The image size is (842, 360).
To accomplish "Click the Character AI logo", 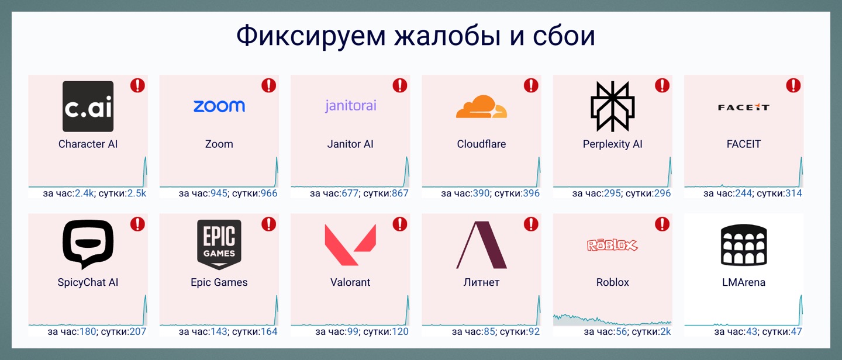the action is pyautogui.click(x=88, y=106).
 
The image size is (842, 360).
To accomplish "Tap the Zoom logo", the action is pyautogui.click(x=219, y=106).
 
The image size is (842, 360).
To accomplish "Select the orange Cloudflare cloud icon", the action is pyautogui.click(x=482, y=107).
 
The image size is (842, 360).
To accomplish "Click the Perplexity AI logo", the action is pyautogui.click(x=613, y=106).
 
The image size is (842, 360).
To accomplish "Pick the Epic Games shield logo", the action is pyautogui.click(x=219, y=245).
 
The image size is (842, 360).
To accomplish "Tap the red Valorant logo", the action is pyautogui.click(x=350, y=245).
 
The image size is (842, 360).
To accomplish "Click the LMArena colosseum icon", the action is pyautogui.click(x=744, y=245).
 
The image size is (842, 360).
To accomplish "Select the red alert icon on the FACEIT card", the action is pyautogui.click(x=793, y=85).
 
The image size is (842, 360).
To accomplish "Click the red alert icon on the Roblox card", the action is pyautogui.click(x=662, y=224).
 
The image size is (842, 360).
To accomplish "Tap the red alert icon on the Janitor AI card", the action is pyautogui.click(x=399, y=85).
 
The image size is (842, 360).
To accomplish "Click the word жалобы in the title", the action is pyautogui.click(x=447, y=36).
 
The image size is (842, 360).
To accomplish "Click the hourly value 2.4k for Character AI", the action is pyautogui.click(x=84, y=193).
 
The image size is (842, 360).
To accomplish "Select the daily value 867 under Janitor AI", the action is pyautogui.click(x=399, y=193).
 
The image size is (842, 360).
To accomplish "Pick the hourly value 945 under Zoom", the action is pyautogui.click(x=219, y=193).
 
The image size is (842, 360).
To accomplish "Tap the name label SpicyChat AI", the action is pyautogui.click(x=88, y=283).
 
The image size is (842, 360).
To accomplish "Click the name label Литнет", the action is pyautogui.click(x=482, y=283).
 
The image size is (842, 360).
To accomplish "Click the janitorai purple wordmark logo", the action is pyautogui.click(x=351, y=106).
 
